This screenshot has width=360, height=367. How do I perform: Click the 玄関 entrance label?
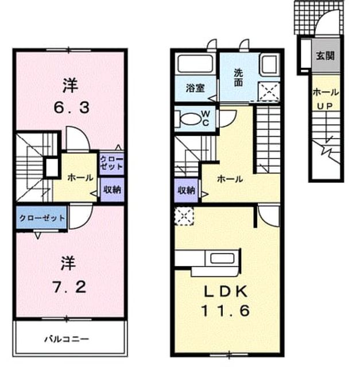point(325,56)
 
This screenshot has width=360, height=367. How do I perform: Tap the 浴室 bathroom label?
point(195,88)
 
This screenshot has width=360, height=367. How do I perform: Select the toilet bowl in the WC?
point(191,119)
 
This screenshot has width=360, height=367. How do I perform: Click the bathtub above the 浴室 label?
point(195,64)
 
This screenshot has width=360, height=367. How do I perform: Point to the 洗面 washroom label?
point(238,78)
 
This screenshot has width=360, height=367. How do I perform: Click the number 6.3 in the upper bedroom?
point(72,108)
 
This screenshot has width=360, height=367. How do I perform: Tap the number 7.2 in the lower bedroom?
point(69,287)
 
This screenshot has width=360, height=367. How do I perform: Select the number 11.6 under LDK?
point(226,311)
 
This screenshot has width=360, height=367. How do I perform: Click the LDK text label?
point(226,292)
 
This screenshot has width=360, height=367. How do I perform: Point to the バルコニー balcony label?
point(67,339)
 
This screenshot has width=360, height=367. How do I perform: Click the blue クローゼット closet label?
point(42,218)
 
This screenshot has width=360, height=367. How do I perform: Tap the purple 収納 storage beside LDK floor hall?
point(187,190)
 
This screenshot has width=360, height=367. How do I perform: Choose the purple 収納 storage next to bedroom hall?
point(113,190)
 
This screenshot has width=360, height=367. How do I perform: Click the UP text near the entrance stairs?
point(325,106)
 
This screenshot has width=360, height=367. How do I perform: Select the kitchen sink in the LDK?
point(222,259)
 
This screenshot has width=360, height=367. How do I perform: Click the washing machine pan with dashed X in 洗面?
point(269,92)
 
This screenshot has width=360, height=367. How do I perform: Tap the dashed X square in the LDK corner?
point(184,216)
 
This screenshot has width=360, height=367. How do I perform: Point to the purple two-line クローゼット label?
point(111,163)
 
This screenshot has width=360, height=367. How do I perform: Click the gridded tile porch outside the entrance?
point(305,18)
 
